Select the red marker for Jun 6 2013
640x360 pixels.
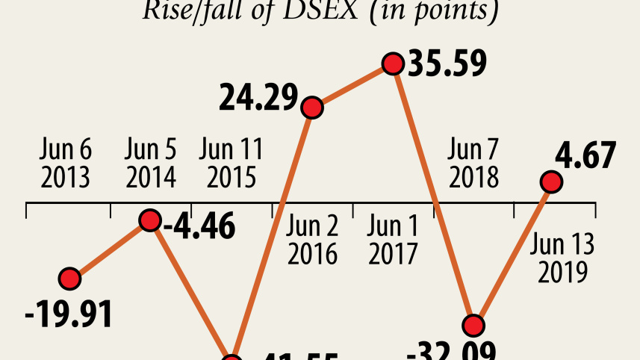point(69,279)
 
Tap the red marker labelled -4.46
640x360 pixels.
point(150,220)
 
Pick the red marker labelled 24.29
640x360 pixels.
point(311,108)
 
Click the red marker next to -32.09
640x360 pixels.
point(473,325)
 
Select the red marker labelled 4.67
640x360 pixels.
point(551,181)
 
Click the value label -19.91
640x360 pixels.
point(69,314)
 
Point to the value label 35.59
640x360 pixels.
point(447,63)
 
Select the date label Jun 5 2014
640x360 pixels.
point(151,164)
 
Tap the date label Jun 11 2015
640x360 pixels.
point(232,164)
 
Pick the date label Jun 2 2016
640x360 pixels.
point(312,241)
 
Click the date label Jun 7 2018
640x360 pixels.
point(473,164)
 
